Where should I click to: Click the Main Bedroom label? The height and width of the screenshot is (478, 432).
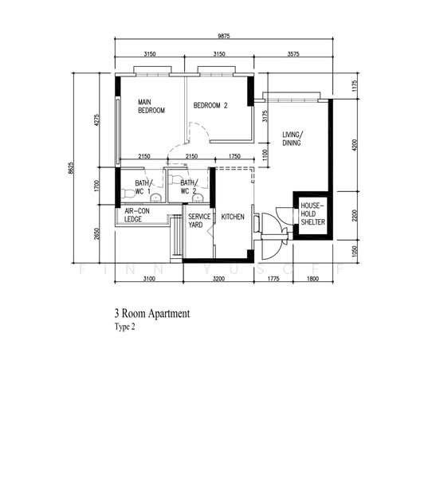pos(151,107)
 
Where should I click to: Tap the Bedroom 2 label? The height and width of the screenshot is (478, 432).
pos(210,105)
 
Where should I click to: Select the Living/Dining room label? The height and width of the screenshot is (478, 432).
pos(293,139)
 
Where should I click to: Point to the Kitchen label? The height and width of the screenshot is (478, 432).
pos(233,217)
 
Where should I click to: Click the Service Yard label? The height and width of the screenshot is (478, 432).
pos(199,221)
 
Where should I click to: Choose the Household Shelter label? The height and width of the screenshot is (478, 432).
pos(310,214)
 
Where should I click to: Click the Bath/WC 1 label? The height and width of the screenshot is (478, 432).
pos(136,187)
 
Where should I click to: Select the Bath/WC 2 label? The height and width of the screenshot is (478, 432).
pos(188,187)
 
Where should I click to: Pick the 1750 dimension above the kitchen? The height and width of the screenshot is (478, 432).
pos(234,156)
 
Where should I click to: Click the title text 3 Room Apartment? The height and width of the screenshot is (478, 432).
pos(152,314)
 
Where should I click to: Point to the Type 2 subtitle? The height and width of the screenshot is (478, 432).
pos(126,327)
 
